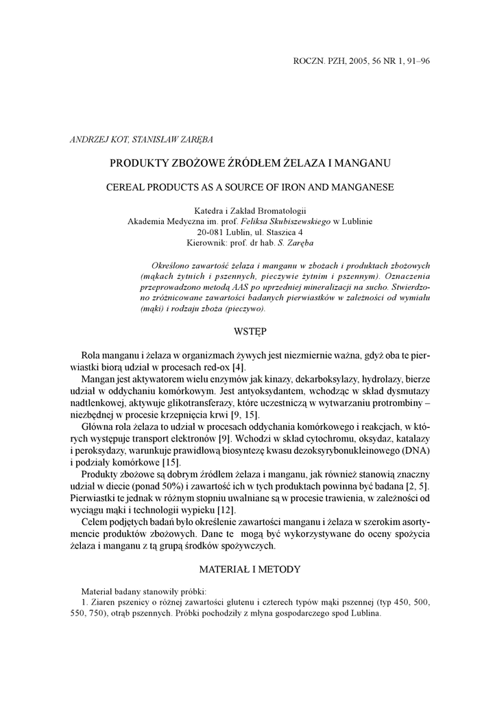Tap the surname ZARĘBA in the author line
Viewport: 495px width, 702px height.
coord(195,140)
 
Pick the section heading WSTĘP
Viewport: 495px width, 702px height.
coord(250,331)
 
